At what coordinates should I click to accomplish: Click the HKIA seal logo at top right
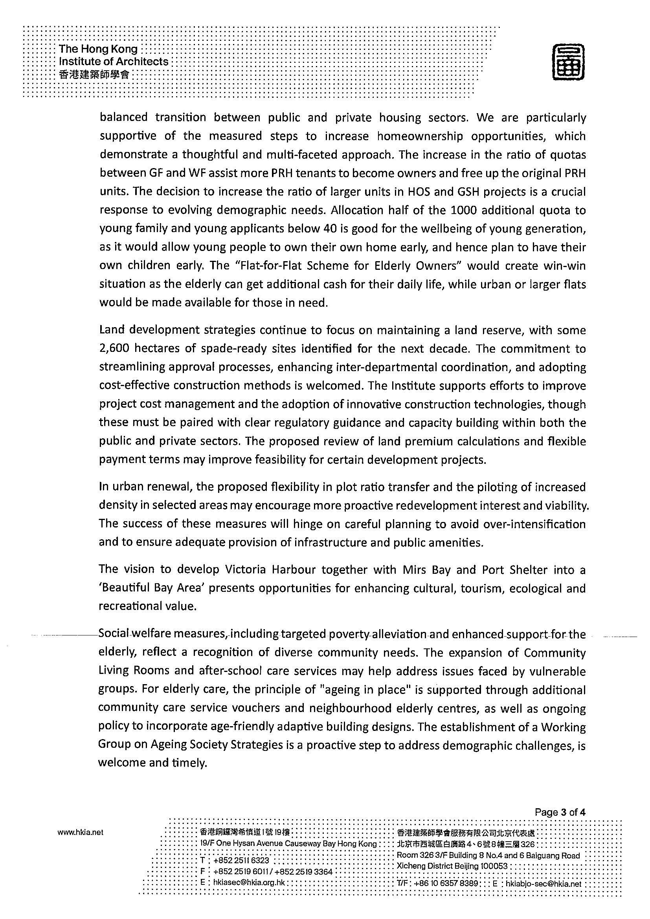tap(568, 62)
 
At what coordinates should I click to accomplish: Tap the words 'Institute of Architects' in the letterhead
tap(114, 62)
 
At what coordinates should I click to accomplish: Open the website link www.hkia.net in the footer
tap(81, 833)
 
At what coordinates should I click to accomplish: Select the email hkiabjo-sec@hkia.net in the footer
tap(543, 883)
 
